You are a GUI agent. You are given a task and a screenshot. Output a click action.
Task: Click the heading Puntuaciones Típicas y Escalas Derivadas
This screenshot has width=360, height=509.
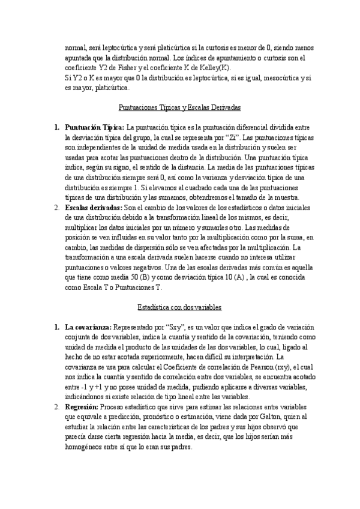(180, 107)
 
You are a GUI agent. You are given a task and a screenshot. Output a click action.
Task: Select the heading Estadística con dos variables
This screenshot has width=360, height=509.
(180, 307)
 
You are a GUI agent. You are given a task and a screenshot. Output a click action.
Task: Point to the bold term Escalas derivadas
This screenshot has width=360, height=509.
(93, 207)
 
